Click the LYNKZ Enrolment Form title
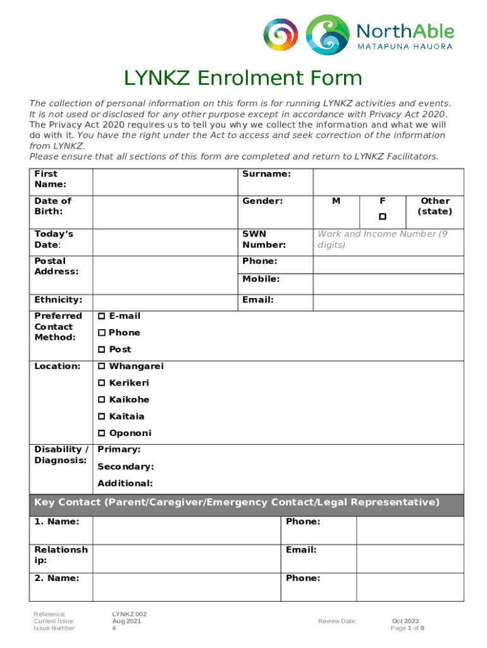click(243, 78)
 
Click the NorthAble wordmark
click(405, 30)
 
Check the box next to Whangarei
click(101, 366)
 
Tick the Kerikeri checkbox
click(101, 383)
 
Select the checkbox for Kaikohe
click(101, 400)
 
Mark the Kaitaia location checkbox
click(101, 416)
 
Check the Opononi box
click(101, 433)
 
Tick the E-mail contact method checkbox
click(101, 316)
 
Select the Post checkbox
click(101, 349)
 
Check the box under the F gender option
click(382, 217)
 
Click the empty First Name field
click(164, 182)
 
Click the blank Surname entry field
click(388, 182)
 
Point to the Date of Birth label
click(53, 206)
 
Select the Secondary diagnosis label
click(125, 466)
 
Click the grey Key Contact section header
click(247, 503)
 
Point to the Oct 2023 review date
click(405, 621)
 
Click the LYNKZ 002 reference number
click(130, 614)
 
